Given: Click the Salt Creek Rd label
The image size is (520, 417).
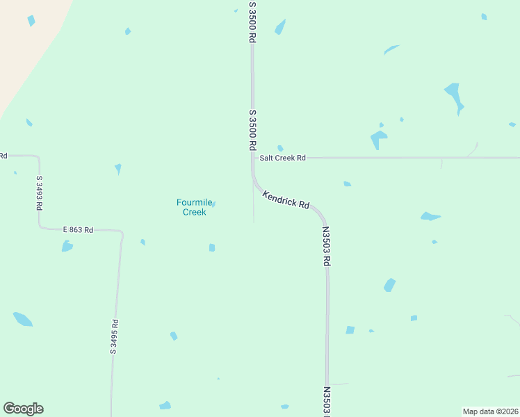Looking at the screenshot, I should coord(282,158).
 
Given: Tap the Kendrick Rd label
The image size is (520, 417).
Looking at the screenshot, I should coord(286,200).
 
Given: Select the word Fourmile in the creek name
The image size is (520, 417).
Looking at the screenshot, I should coord(193,203).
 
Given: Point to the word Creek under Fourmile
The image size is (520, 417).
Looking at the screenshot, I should coord(194,212).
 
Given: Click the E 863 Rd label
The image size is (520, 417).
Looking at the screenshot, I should coord(78,229).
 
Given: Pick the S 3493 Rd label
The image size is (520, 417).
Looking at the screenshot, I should coord(40,193).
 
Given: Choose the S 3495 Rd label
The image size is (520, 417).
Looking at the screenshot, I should coord(115,337).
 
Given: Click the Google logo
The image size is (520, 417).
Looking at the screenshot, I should coord(23,409).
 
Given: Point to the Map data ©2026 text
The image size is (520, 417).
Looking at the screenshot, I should coord(491,411).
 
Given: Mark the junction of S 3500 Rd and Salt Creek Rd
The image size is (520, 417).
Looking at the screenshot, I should coord(252,158).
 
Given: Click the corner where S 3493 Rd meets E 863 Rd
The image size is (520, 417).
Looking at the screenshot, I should coord(40,227).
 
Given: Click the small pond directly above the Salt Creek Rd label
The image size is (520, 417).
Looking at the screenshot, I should coord(280,148).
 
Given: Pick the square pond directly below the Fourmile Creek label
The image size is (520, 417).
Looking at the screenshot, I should coord(212,247).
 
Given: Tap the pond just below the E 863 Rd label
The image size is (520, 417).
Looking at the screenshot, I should coord(67,246).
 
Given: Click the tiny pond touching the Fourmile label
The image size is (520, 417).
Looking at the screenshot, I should coord(213,204).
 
